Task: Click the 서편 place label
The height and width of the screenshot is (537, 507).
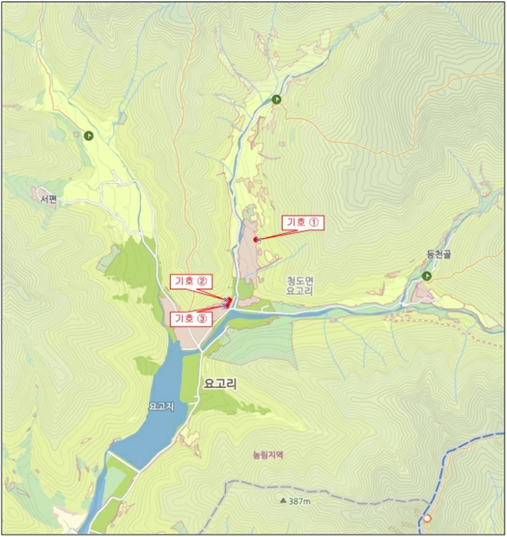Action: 49,199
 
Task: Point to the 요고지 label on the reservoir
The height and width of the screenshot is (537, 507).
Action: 162,406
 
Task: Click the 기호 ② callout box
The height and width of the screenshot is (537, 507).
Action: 191,281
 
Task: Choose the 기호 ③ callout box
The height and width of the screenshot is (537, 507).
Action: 191,318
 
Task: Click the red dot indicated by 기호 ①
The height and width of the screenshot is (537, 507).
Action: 256,239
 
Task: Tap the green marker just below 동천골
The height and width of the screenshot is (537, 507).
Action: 427,275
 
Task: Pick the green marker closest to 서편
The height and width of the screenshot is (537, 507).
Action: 89,135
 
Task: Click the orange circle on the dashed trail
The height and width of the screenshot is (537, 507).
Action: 427,519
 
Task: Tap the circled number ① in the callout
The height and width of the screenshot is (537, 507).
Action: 314,223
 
